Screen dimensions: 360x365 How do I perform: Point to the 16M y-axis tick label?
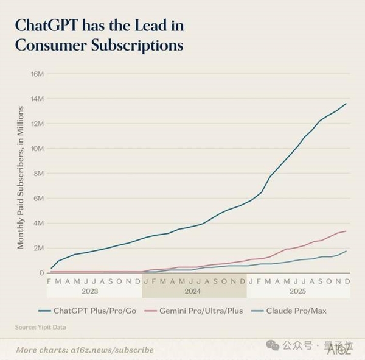click(37, 74)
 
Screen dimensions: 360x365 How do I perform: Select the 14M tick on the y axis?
click(37, 99)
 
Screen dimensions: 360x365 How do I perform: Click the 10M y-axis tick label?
click(37, 149)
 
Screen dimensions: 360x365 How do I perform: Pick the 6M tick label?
click(38, 198)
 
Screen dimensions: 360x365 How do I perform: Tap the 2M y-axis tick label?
click(38, 248)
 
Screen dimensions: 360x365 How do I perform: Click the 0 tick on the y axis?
click(41, 273)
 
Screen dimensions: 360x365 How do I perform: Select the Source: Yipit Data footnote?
click(41, 328)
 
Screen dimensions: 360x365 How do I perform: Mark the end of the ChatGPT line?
click(346, 104)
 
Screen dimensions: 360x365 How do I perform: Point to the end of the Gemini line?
click(346, 231)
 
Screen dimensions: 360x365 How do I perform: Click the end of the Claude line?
click(346, 251)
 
